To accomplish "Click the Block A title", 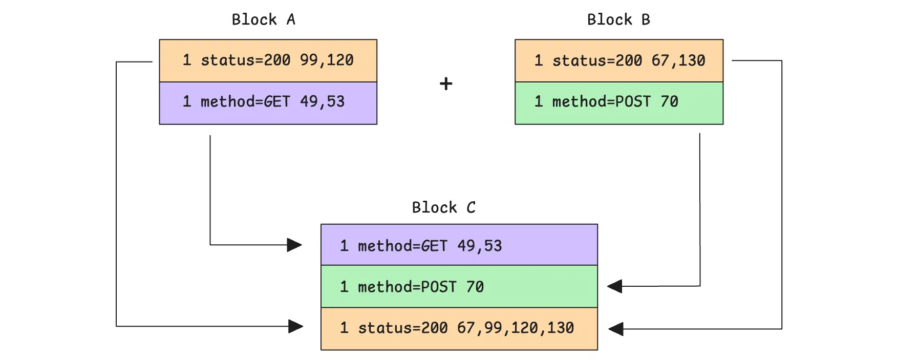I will coord(263,19).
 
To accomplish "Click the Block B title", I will coord(618,19).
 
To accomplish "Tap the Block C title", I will coord(443,207).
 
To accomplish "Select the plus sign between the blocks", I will coord(446,83).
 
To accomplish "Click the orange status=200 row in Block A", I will coord(268,60).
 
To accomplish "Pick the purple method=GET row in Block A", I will coord(268,102).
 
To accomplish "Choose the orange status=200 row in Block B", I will coord(619,60).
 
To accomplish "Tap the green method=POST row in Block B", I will coord(619,102).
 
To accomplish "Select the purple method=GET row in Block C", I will coord(459,245).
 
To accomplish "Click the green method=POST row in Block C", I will coord(459,286).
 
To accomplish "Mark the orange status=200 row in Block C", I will coord(459,328).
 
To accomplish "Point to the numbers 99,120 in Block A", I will coord(327,60).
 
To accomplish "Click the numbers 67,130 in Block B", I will coord(678,60).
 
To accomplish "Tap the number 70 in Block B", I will coord(669,101).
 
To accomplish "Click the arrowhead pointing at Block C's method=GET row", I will coord(294,245).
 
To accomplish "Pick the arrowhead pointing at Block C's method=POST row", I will coord(615,286).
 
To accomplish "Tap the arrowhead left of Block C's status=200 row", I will coord(295,326).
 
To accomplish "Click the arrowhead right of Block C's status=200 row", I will coord(616,329).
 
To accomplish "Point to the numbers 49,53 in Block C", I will coord(479,246).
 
